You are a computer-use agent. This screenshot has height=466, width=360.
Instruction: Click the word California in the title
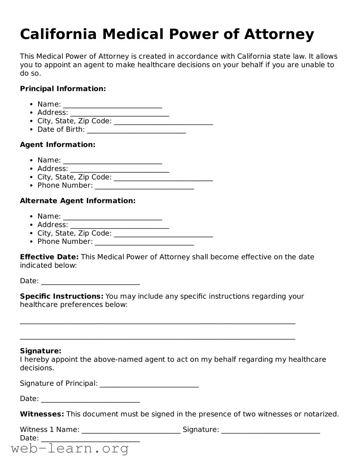(58, 34)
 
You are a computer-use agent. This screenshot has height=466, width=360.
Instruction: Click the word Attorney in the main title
(279, 34)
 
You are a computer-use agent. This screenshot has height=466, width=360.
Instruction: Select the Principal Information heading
(63, 89)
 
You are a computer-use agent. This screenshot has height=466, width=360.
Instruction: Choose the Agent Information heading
(58, 144)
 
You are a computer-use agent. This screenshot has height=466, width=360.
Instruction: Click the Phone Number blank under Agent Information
(144, 186)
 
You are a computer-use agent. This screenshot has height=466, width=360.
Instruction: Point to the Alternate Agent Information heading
(78, 201)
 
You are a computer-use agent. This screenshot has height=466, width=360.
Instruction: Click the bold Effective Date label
(49, 257)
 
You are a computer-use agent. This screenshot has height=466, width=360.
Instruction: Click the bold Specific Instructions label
(61, 296)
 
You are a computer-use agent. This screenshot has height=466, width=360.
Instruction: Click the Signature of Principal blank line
(149, 384)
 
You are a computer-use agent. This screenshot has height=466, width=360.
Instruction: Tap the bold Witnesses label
(42, 414)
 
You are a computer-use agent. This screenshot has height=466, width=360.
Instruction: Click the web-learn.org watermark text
(70, 449)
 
